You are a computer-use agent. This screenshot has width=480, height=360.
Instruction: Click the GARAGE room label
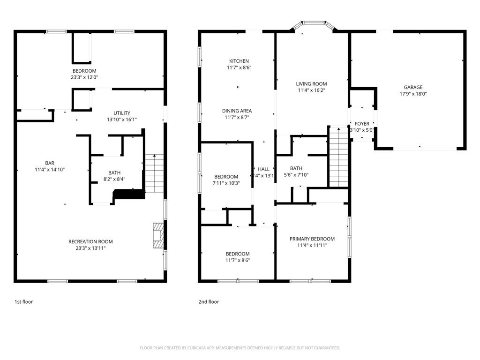click(x=413, y=87)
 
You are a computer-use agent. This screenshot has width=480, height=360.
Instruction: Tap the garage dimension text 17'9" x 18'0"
click(x=413, y=94)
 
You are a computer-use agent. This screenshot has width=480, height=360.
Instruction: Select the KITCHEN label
click(x=239, y=61)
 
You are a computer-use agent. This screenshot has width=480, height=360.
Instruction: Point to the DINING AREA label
click(x=237, y=111)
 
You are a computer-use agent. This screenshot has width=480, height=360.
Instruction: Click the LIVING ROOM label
click(x=311, y=84)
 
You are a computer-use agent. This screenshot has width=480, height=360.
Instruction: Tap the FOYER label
click(x=361, y=124)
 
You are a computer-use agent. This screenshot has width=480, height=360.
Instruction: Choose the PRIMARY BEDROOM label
click(x=312, y=239)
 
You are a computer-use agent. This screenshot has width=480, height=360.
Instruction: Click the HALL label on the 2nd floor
click(x=264, y=169)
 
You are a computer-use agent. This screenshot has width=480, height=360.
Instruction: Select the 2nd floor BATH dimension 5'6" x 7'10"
click(x=296, y=175)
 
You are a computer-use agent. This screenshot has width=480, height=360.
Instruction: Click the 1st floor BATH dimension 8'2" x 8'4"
click(x=114, y=179)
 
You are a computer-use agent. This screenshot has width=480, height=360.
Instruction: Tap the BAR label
click(x=49, y=163)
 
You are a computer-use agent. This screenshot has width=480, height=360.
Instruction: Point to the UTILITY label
click(x=121, y=113)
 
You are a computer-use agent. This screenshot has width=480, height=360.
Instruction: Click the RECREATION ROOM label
click(x=90, y=241)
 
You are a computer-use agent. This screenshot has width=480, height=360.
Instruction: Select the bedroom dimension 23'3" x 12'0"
click(x=84, y=77)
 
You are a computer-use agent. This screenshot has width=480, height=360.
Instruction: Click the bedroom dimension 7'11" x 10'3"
click(x=226, y=183)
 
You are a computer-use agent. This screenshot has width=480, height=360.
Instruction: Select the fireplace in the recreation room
click(x=159, y=235)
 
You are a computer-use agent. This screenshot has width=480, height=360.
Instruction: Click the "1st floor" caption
click(x=23, y=302)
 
